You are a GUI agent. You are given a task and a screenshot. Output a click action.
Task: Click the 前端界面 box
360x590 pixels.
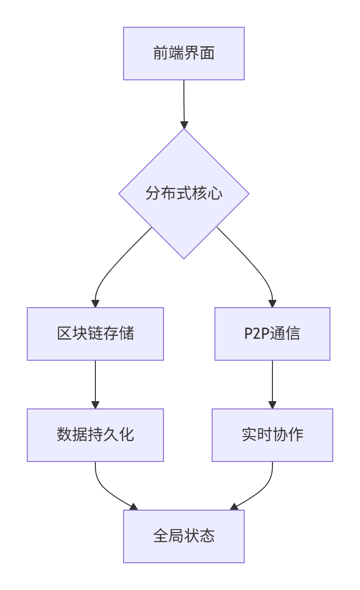pyautogui.click(x=183, y=54)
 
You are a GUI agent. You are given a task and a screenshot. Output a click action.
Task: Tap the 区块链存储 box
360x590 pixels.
pyautogui.click(x=95, y=334)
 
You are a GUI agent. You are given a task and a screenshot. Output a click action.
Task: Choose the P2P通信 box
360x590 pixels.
pyautogui.click(x=272, y=334)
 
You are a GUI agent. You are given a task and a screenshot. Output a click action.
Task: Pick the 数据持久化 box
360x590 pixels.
pyautogui.click(x=95, y=435)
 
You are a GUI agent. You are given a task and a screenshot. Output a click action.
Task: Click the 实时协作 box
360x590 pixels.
pyautogui.click(x=272, y=435)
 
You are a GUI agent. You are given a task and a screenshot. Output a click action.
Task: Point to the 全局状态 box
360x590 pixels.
pyautogui.click(x=183, y=536)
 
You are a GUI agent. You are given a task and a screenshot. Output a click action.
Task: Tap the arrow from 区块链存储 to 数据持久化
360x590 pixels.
pyautogui.click(x=95, y=382)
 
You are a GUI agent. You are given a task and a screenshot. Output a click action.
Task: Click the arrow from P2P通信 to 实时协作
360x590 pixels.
pyautogui.click(x=272, y=382)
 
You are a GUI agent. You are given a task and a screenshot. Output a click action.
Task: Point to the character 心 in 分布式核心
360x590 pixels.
pyautogui.click(x=215, y=194)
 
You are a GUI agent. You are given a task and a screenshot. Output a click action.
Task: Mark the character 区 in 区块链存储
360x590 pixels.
pyautogui.click(x=64, y=334)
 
